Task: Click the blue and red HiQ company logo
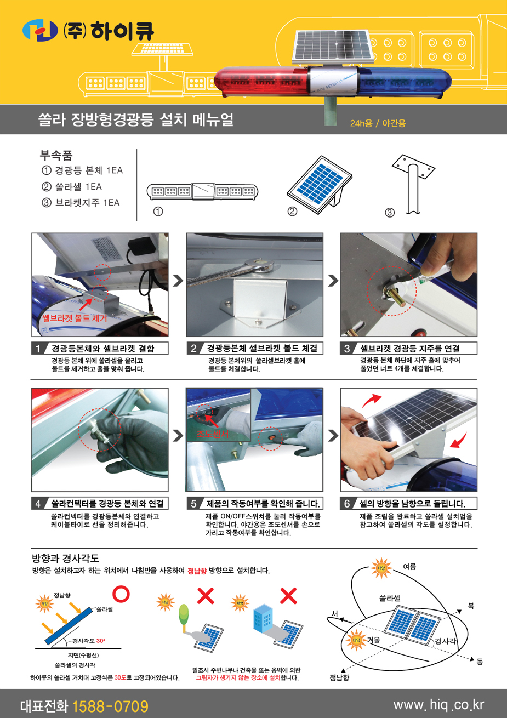pos(40,31)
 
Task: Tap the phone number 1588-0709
pos(110,706)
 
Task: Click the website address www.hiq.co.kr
pos(438,705)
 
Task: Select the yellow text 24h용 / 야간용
pos(378,123)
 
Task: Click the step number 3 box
pos(347,349)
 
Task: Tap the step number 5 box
pos(193,504)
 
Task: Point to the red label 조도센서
pos(213,434)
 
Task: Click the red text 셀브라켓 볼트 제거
pos(75,318)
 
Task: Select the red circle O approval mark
pos(121,594)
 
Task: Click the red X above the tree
pos(206,596)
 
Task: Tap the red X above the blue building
pos(288,596)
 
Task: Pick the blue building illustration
pos(263,619)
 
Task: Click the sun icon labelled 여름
pos(381,568)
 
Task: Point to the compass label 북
pos(471,606)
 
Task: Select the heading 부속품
pos(56,156)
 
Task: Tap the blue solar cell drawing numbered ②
pos(320,185)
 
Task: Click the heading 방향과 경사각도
pos(66,558)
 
